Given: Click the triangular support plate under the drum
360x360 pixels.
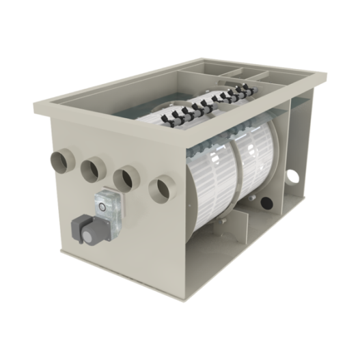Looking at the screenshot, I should coord(273,205).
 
